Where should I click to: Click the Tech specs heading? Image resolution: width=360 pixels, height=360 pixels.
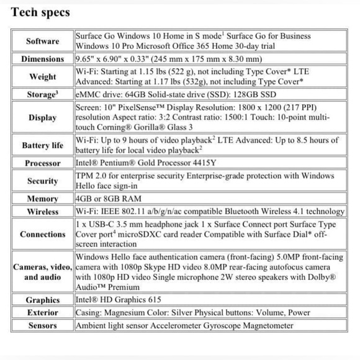(40, 12)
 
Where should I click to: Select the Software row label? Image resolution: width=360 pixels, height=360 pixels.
(43, 41)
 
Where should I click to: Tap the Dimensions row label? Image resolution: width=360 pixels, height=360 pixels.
(43, 60)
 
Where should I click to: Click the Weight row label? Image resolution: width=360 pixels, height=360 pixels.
(43, 78)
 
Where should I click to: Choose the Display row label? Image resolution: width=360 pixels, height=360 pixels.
(43, 118)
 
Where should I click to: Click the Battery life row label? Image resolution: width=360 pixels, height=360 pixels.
(43, 145)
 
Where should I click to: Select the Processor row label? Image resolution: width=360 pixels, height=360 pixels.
(43, 163)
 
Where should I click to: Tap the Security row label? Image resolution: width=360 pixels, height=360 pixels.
(43, 181)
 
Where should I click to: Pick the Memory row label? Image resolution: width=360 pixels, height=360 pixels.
(43, 199)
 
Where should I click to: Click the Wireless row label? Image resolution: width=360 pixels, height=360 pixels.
(43, 211)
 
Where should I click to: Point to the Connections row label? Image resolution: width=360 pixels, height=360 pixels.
(43, 235)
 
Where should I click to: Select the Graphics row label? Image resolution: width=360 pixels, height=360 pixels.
(43, 300)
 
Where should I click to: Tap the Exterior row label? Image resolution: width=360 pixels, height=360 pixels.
(43, 313)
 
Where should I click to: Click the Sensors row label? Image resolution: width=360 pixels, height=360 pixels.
(43, 325)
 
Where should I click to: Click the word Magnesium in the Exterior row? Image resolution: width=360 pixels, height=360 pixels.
(135, 313)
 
